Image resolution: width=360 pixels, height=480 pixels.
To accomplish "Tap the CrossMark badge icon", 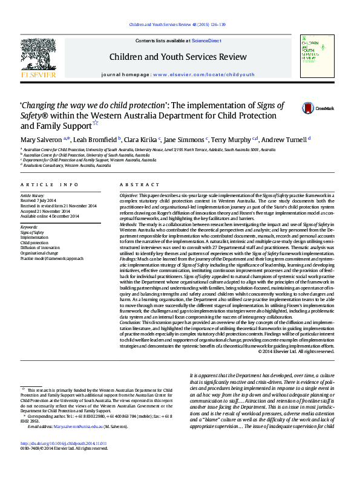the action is point(309,108).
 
